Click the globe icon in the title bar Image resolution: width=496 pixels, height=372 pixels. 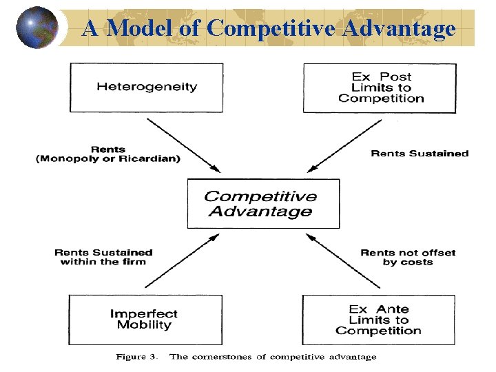(x=37, y=28)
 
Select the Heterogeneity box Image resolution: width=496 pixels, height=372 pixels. (x=146, y=87)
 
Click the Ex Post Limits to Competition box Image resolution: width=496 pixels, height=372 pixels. (x=380, y=87)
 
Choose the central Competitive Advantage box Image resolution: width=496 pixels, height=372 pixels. (x=263, y=204)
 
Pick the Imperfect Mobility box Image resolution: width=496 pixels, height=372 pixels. (x=145, y=320)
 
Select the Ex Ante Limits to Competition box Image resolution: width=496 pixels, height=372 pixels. (x=378, y=320)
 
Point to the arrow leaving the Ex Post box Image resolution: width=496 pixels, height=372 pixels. (x=345, y=144)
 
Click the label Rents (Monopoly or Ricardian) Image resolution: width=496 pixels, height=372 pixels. (x=108, y=154)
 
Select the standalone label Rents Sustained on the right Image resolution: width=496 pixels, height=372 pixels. (x=420, y=154)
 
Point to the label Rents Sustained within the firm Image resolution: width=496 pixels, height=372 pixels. (x=103, y=257)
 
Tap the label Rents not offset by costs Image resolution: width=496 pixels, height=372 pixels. (x=408, y=257)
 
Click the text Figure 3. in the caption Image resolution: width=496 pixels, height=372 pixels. (x=136, y=357)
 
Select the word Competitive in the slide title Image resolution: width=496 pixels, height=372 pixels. (x=265, y=28)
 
